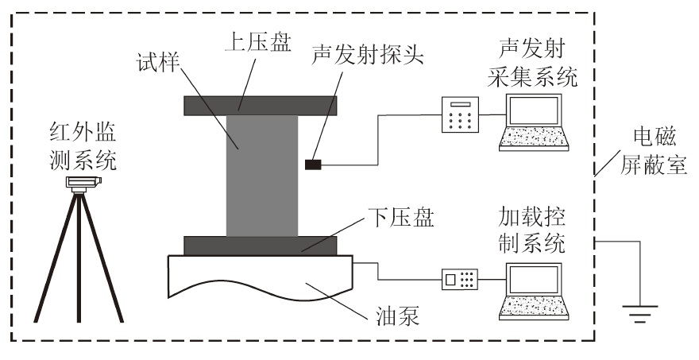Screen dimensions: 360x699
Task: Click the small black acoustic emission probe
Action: (x=313, y=165)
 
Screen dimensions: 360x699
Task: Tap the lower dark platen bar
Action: (x=261, y=245)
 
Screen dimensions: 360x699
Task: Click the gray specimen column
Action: (x=261, y=175)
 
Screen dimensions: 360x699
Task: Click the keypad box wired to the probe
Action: (x=460, y=117)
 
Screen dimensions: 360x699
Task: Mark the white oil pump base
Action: (x=261, y=278)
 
